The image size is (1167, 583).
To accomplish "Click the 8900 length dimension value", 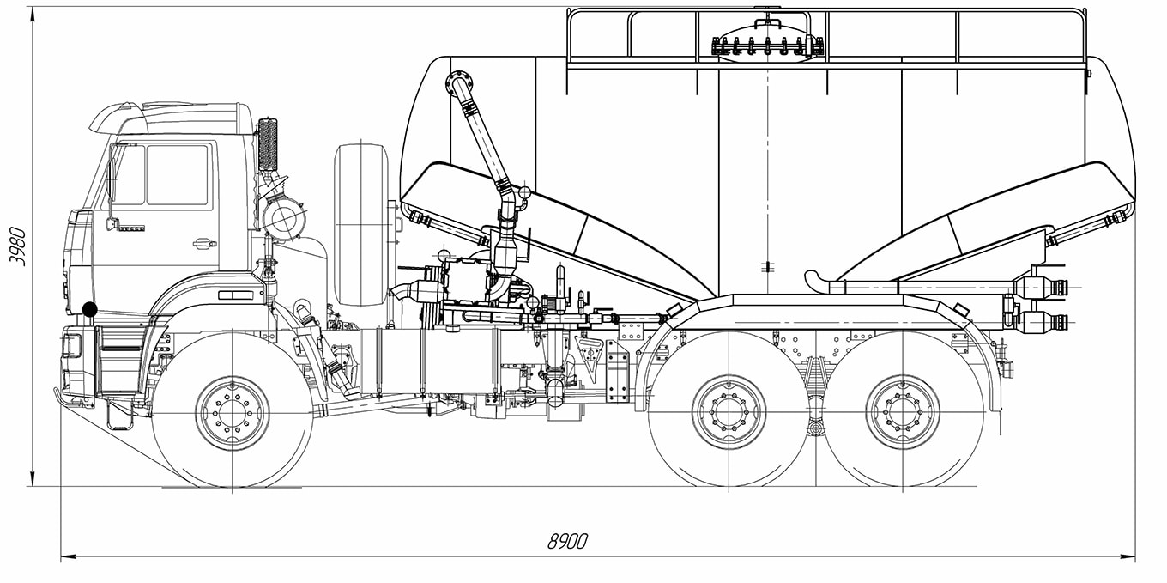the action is point(567,541).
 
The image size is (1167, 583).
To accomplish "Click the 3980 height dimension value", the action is point(18,246).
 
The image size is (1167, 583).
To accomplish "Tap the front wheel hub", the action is point(232,414).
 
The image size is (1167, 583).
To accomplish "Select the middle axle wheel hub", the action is point(729,412).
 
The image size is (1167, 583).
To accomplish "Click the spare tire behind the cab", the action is point(361,225).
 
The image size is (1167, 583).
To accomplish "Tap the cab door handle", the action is point(204,243).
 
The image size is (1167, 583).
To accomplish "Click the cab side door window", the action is point(177,174).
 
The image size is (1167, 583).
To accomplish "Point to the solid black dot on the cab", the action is point(89,309).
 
